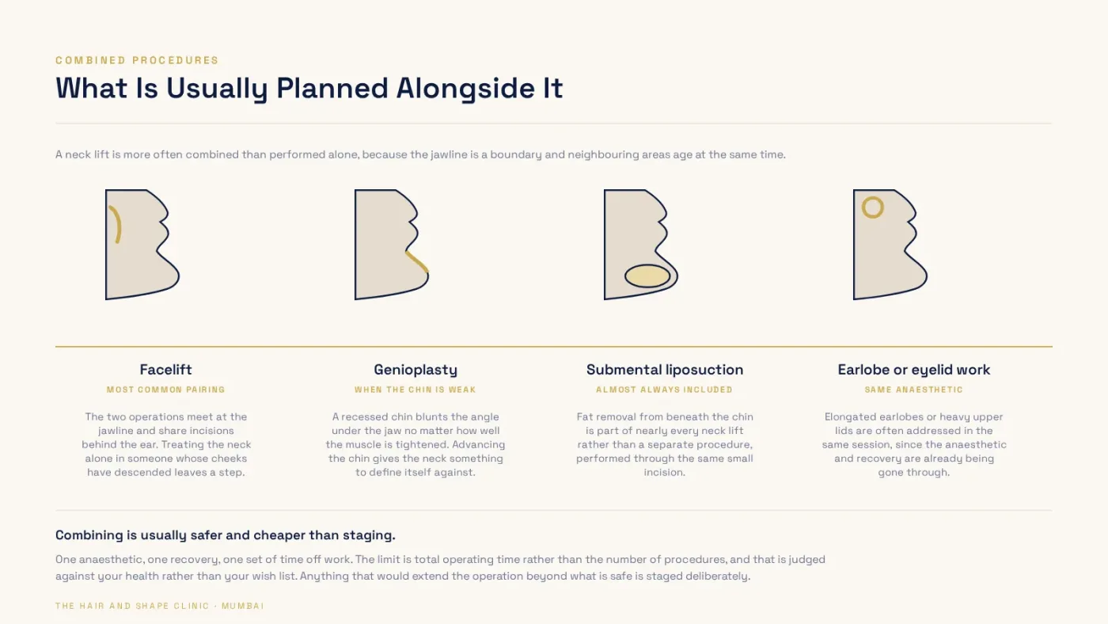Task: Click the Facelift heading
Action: (x=165, y=370)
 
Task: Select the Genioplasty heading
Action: (x=415, y=370)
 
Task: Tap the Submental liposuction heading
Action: (x=665, y=370)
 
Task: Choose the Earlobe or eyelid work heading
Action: (x=914, y=370)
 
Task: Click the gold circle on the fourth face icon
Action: (x=872, y=198)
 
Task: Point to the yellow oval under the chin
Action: (x=647, y=276)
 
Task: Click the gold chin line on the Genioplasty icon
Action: (x=417, y=262)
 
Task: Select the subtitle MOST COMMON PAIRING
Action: (x=165, y=390)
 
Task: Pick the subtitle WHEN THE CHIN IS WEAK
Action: (x=415, y=390)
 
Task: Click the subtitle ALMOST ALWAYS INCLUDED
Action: (x=664, y=390)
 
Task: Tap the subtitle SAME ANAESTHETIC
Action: (x=914, y=390)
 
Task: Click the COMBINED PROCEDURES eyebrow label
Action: (x=137, y=60)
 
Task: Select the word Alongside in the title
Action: (x=465, y=89)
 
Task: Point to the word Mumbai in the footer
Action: (x=243, y=607)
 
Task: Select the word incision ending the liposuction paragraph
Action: (x=664, y=473)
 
